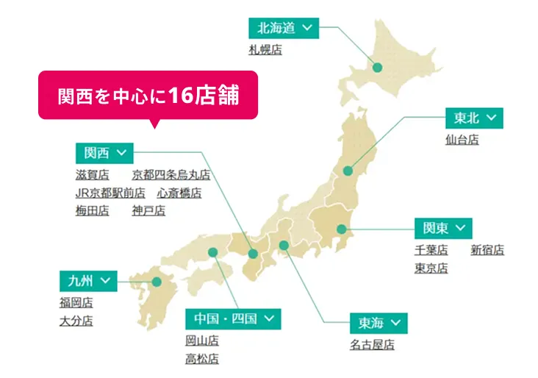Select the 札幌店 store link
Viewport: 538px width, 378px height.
click(265, 50)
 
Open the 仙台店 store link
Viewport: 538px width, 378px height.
click(462, 139)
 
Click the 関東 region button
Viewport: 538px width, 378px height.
click(442, 227)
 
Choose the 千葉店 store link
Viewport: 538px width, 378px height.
click(431, 250)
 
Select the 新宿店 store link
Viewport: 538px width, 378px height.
click(487, 250)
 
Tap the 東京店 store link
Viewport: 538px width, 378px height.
click(431, 268)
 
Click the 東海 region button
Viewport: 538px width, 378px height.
click(379, 324)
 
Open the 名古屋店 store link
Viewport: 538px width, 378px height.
click(372, 345)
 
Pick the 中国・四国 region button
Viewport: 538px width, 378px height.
click(233, 319)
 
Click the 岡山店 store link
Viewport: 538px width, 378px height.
click(202, 340)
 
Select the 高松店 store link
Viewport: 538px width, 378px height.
click(202, 359)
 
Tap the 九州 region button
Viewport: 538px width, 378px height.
click(88, 281)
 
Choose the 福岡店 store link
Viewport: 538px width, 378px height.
click(76, 302)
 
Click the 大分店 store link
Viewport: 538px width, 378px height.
click(76, 321)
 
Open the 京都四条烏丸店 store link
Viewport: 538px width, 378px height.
click(171, 175)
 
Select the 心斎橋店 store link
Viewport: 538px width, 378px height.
click(179, 193)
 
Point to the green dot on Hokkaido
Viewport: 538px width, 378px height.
click(377, 67)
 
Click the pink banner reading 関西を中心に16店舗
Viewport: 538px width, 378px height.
click(148, 95)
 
